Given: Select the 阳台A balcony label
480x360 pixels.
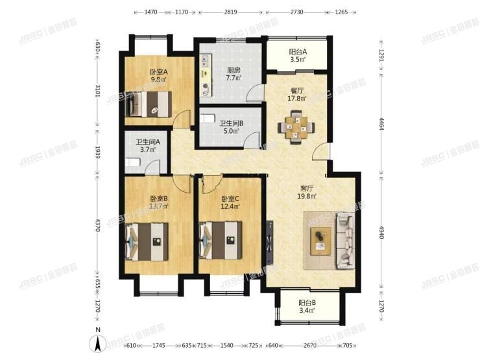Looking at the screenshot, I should [x=298, y=53].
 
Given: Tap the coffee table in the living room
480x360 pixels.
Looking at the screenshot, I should [x=320, y=239].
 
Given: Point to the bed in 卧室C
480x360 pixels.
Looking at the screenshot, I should [x=221, y=241].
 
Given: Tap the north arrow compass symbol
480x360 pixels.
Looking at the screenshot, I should [x=97, y=344].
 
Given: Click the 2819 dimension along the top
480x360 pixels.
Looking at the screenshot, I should [x=230, y=12].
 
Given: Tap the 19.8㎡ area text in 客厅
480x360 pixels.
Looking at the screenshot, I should [x=307, y=197].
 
